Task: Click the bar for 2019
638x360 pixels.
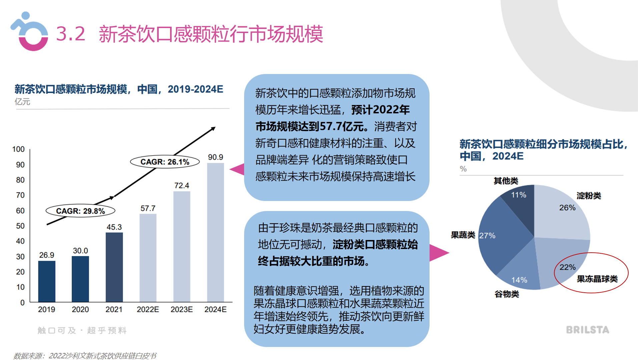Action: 47,281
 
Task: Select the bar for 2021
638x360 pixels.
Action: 114,267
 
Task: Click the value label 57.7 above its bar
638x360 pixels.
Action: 148,208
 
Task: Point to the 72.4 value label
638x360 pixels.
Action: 181,185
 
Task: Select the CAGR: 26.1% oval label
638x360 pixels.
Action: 165,162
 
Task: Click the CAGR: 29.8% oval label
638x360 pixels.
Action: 80,211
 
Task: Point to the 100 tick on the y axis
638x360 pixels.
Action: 18,149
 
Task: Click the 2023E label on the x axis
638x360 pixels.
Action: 181,309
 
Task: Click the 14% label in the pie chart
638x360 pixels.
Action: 519,280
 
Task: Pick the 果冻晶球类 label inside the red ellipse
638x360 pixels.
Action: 597,279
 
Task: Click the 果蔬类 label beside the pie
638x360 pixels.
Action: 463,235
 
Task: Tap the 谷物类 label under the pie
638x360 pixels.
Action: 507,294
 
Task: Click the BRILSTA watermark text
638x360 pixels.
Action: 587,330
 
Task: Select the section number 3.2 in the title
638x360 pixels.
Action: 70,34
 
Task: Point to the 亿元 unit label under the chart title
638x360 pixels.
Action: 22,102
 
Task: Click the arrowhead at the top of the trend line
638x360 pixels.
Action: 213,128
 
